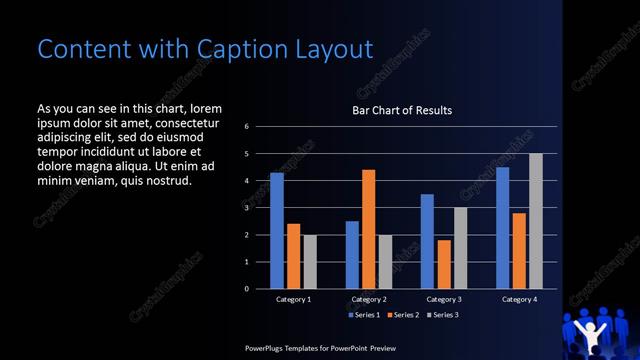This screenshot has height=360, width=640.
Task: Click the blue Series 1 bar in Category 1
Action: (x=277, y=231)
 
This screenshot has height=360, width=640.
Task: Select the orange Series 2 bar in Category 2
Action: (x=368, y=229)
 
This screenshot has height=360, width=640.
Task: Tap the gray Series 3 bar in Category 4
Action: (x=536, y=221)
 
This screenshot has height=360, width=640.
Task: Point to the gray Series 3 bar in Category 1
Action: (x=309, y=262)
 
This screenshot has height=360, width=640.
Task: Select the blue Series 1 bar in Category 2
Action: (x=352, y=255)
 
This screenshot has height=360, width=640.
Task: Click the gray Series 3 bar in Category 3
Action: (x=460, y=248)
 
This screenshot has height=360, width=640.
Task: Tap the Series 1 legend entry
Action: (x=363, y=315)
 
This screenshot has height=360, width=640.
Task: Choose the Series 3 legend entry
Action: (x=445, y=315)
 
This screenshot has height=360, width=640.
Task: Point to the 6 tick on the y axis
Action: (x=247, y=127)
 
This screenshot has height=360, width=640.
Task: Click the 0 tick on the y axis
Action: (x=247, y=289)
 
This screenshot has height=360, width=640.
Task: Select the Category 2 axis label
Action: (x=369, y=299)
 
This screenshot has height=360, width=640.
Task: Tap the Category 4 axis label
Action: (x=519, y=299)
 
